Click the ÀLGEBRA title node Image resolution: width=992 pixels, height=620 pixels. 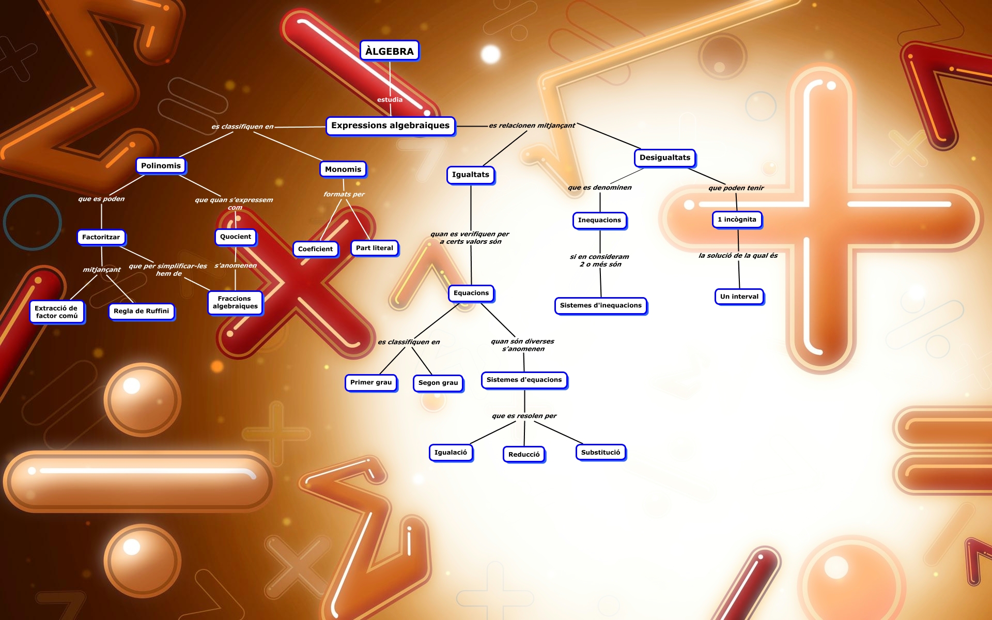tap(389, 51)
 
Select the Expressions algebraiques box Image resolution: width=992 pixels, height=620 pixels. tap(390, 126)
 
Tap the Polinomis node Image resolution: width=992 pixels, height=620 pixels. tap(161, 166)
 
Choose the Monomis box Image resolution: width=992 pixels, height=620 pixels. tap(343, 169)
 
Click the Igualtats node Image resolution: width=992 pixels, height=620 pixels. tap(470, 175)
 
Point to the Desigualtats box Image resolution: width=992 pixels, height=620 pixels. tap(664, 158)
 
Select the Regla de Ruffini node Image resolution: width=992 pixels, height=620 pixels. tap(141, 311)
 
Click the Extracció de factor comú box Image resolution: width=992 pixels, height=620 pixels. tap(56, 312)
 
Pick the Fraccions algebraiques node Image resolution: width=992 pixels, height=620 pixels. tap(235, 302)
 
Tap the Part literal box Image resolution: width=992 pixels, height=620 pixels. tap(374, 248)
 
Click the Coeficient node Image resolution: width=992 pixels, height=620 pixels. tap(315, 249)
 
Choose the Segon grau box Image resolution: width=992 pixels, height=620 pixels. tap(438, 383)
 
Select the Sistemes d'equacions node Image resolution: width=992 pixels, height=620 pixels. tap(524, 380)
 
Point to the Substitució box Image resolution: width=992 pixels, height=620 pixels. tap(600, 453)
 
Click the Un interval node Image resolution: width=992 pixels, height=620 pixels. tap(739, 297)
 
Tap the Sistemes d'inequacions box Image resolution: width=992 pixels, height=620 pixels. tap(600, 305)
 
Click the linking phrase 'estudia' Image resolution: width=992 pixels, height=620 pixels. tap(390, 100)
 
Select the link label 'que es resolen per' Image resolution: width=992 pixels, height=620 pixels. tap(524, 416)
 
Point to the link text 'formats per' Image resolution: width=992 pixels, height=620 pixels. tap(344, 194)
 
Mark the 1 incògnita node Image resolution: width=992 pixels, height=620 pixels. tap(736, 220)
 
